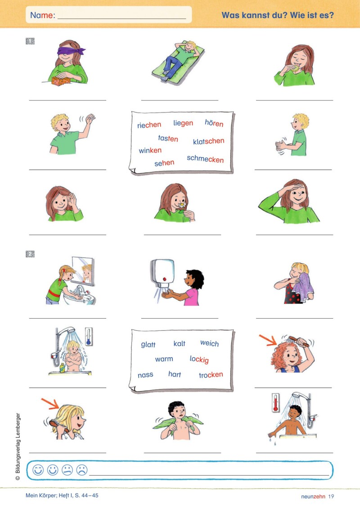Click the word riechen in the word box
[x=149, y=125]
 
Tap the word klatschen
[x=208, y=141]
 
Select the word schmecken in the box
[x=205, y=159]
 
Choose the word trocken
[x=211, y=374]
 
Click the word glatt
[x=148, y=344]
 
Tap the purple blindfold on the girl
[x=71, y=51]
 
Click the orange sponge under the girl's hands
[x=61, y=81]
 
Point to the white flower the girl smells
[x=182, y=204]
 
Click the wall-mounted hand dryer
[x=162, y=274]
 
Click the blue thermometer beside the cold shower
[x=88, y=336]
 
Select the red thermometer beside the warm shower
[x=275, y=403]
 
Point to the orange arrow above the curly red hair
[x=268, y=339]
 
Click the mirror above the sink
[x=84, y=271]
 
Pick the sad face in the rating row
[x=82, y=470]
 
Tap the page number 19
[x=331, y=496]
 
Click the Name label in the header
[x=42, y=15]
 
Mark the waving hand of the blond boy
[x=90, y=118]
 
